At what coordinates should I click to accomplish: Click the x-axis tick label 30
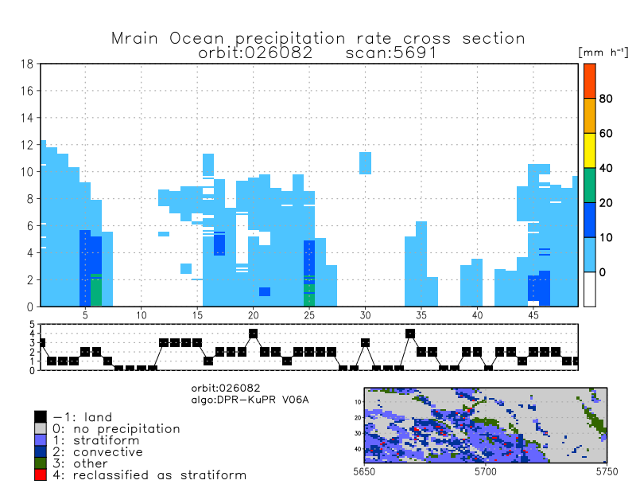coord(365,316)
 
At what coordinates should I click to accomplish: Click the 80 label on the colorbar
coord(605,99)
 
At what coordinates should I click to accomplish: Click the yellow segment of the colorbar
coord(590,150)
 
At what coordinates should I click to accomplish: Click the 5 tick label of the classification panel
coord(33,325)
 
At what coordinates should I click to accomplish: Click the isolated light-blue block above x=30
coord(365,162)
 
